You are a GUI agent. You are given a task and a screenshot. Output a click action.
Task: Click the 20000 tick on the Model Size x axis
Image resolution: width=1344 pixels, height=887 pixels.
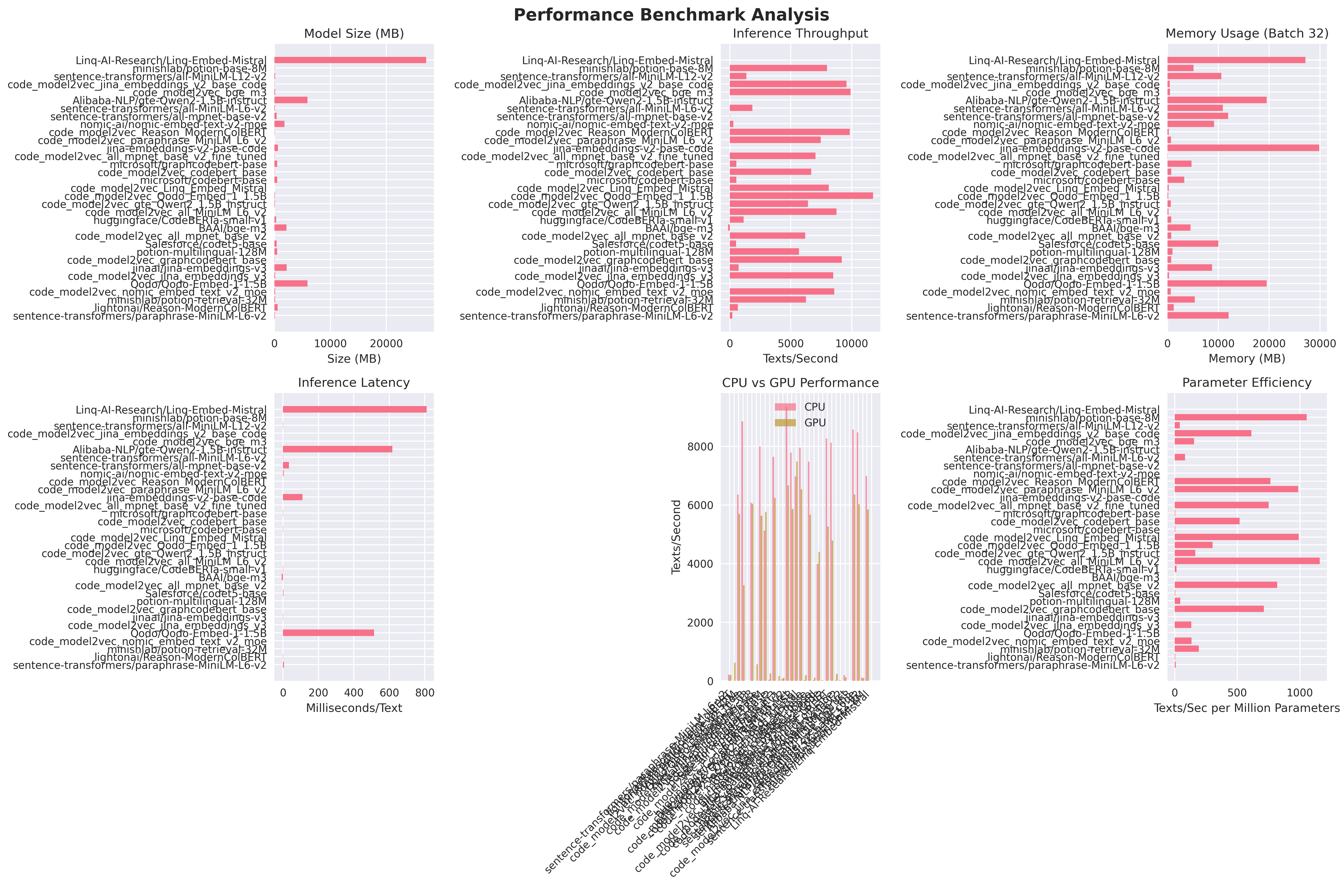pyautogui.click(x=386, y=344)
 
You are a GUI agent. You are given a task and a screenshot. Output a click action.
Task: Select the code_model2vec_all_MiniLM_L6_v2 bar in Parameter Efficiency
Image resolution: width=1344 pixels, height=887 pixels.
pyautogui.click(x=1247, y=561)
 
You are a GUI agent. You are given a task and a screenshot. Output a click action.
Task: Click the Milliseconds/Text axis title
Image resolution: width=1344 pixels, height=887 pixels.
pyautogui.click(x=354, y=708)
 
